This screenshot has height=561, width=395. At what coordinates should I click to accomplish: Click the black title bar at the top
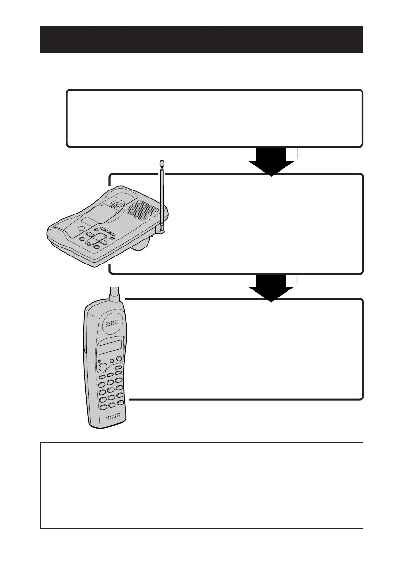click(x=201, y=40)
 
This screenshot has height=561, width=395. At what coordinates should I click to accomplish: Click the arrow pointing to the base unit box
click(x=271, y=163)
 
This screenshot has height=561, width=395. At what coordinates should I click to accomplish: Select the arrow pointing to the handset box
click(x=271, y=288)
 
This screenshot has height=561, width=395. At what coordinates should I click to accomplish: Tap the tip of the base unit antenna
click(x=162, y=163)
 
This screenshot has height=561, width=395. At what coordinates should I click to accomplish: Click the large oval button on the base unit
click(x=96, y=239)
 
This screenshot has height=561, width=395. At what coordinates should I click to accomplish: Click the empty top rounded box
click(x=214, y=118)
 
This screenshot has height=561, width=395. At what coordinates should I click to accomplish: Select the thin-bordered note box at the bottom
click(x=201, y=485)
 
